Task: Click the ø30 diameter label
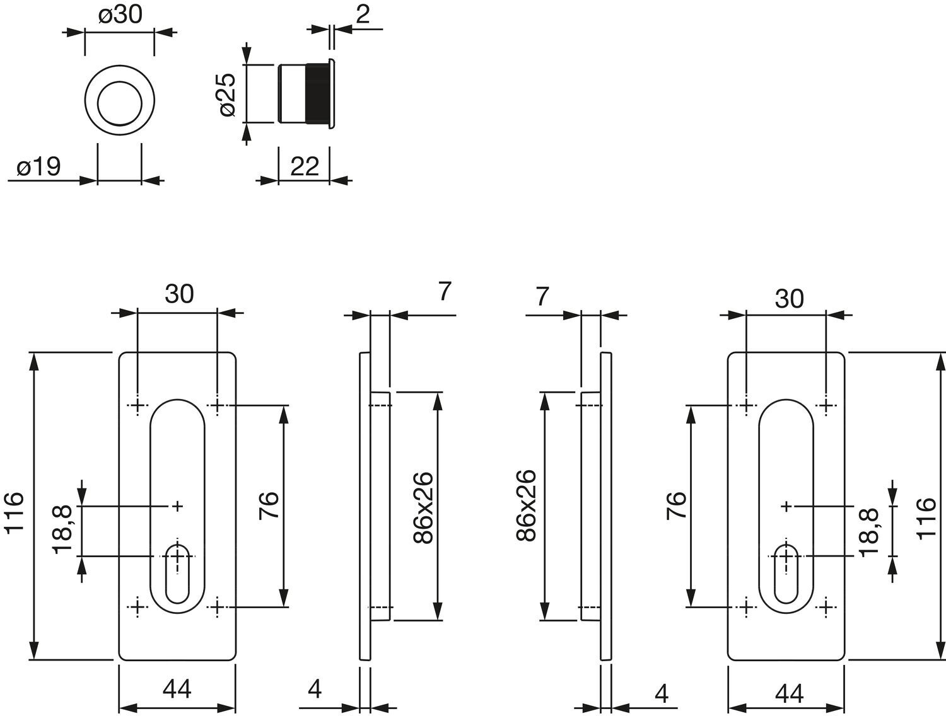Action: coord(120,15)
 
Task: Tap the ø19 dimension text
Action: coord(39,166)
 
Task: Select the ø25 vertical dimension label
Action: coord(227,95)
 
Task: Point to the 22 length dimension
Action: coord(304,166)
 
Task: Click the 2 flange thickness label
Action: coord(363,14)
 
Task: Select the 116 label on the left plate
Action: coord(15,513)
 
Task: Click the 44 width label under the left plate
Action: coord(177,690)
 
